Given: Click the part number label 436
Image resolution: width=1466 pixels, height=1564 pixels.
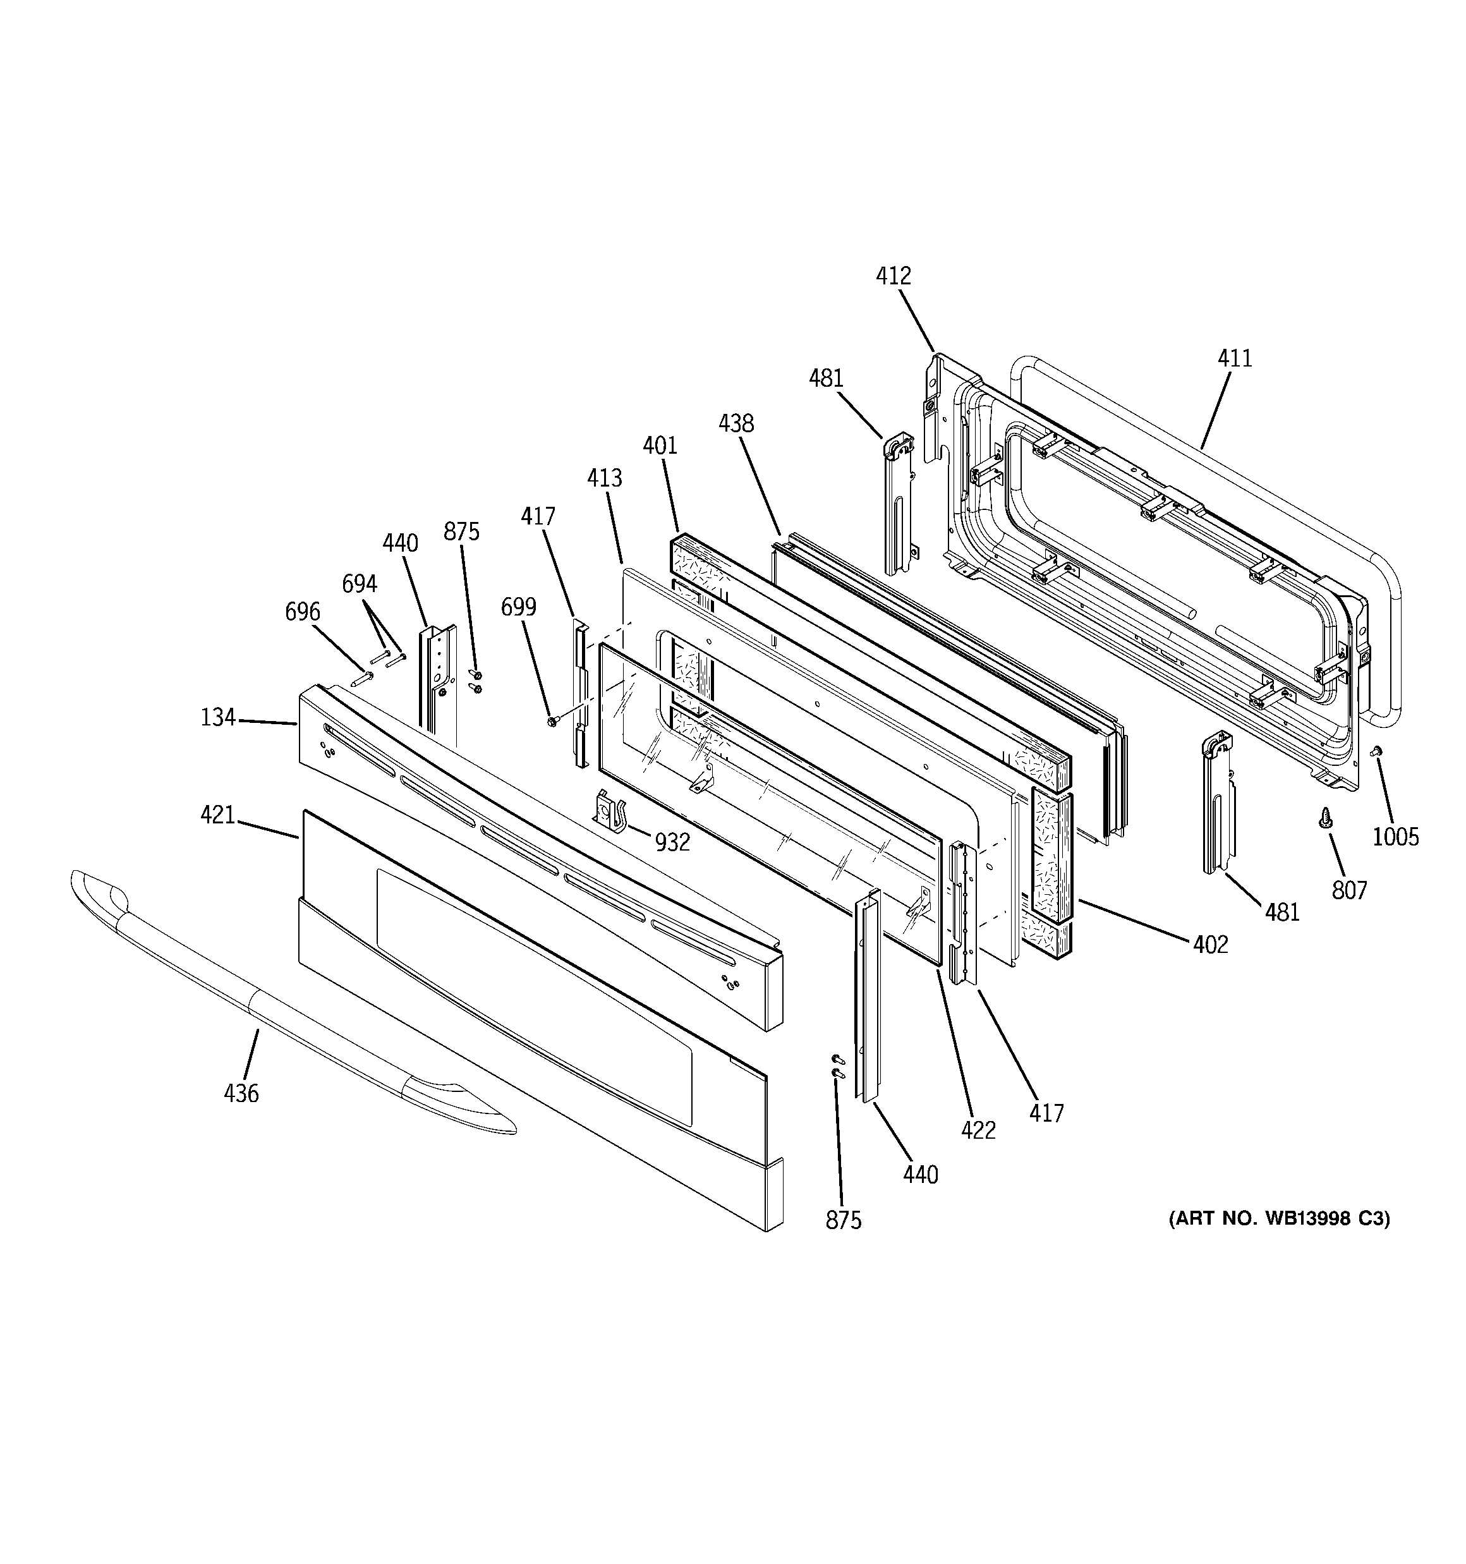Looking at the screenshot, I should [x=241, y=1094].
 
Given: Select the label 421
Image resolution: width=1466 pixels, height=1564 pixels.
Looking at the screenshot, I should [x=217, y=815].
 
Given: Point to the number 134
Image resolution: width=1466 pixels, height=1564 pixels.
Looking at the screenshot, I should [x=218, y=717].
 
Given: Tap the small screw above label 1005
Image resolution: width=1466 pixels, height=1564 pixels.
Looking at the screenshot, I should [x=1376, y=752].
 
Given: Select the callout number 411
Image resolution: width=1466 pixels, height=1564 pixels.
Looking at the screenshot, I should [x=1235, y=359].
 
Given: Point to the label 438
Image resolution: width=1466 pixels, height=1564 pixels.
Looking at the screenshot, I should [x=736, y=424].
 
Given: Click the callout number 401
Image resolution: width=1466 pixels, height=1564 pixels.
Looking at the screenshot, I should [x=660, y=446].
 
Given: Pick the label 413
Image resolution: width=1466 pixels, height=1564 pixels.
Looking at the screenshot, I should [x=604, y=478].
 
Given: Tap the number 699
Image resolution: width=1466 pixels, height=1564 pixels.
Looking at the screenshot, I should [x=519, y=607].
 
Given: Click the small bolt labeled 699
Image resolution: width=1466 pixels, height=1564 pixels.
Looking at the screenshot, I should [x=552, y=719].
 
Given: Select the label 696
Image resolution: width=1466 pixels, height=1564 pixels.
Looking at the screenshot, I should [x=302, y=611].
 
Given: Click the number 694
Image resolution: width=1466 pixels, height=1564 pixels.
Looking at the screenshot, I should [x=359, y=584].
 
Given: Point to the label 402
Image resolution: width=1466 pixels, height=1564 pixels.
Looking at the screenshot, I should [x=1210, y=945].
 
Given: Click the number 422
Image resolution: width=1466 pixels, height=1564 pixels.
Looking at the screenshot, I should [x=978, y=1131].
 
